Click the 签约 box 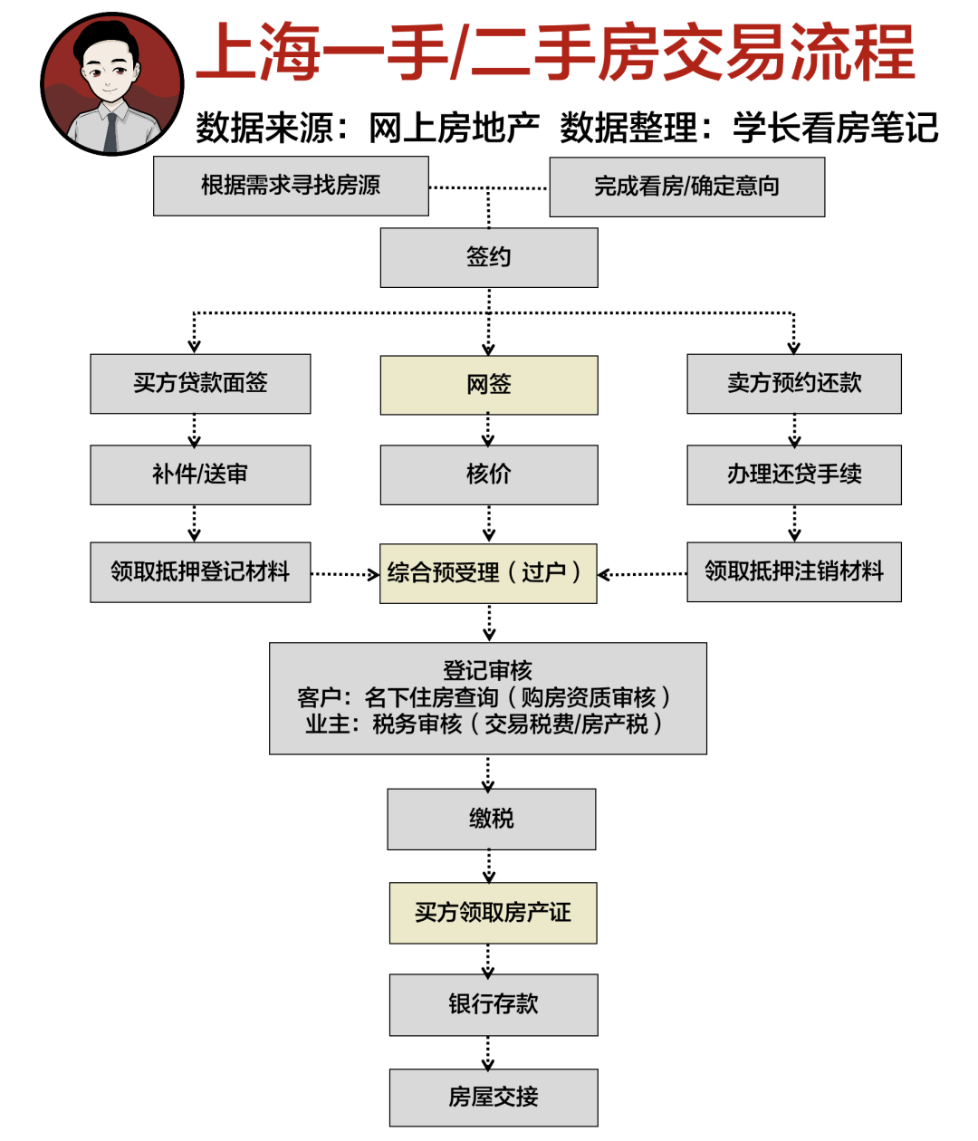click(489, 257)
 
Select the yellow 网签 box click(489, 385)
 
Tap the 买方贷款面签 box click(200, 384)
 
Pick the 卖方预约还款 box click(794, 384)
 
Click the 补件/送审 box click(200, 475)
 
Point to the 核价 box click(489, 475)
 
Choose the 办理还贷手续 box click(794, 475)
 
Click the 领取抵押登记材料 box click(200, 572)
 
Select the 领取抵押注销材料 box click(794, 572)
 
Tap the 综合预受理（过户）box click(488, 573)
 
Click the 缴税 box click(492, 819)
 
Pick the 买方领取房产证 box click(494, 913)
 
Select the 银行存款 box click(494, 1004)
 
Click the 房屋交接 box click(494, 1098)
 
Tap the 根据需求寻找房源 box click(291, 186)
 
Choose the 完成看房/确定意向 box click(687, 187)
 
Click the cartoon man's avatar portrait click(112, 84)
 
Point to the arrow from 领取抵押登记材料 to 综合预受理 click(345, 573)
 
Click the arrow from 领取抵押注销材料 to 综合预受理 click(642, 573)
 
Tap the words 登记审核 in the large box click(487, 671)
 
